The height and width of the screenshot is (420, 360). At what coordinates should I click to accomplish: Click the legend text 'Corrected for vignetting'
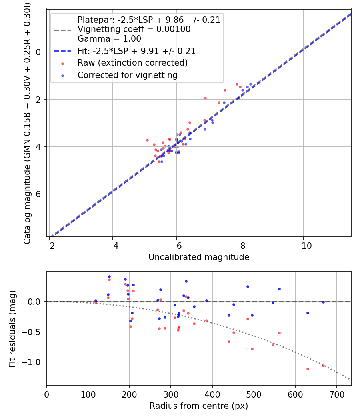click(127, 75)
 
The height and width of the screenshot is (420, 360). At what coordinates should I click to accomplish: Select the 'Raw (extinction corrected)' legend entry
click(132, 63)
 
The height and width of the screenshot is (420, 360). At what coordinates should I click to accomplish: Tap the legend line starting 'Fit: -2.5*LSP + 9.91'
click(136, 51)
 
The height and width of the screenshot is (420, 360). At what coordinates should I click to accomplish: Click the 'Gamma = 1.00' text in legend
click(109, 39)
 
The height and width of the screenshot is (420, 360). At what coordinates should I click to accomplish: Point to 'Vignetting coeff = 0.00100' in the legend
click(134, 29)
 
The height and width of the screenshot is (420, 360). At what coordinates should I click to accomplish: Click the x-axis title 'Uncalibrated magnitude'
click(199, 257)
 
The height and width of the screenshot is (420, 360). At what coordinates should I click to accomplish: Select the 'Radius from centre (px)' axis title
click(199, 406)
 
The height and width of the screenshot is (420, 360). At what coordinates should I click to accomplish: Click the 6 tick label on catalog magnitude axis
click(39, 194)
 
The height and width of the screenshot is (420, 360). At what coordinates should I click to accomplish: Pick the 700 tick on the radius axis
click(336, 394)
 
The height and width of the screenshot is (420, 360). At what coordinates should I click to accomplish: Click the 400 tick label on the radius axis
click(212, 394)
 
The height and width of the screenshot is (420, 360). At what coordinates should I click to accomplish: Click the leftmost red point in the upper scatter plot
click(147, 140)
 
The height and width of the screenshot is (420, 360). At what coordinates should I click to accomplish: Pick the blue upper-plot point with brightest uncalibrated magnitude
click(250, 84)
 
